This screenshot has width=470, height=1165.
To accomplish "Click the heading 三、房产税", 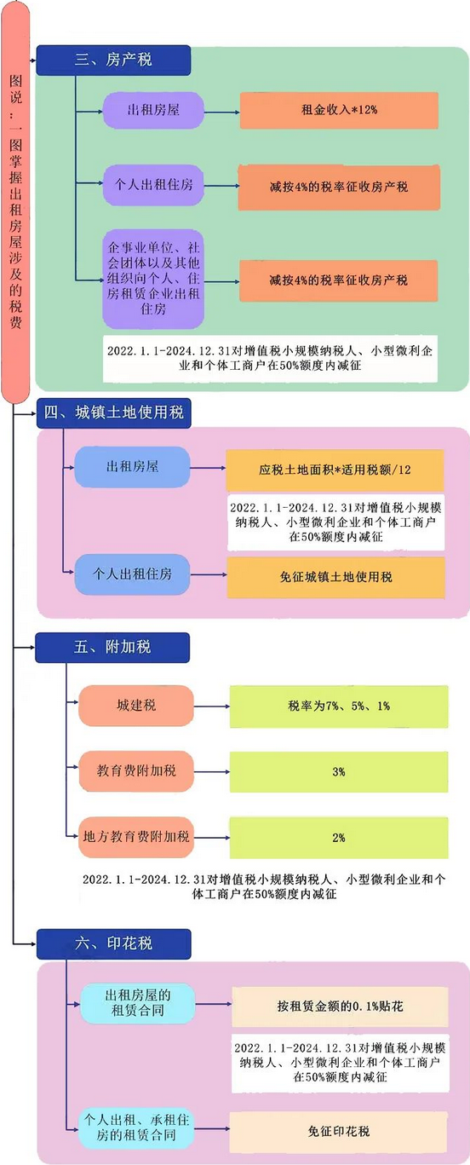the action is (113, 60).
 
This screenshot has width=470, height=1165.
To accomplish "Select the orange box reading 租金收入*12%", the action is (339, 110).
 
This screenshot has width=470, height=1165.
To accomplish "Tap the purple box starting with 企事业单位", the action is (153, 279).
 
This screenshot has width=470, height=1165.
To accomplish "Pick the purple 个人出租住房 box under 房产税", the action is (153, 185).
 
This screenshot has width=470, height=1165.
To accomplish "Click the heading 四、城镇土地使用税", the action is (114, 413).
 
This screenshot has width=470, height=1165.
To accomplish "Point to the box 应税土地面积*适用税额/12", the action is (335, 470).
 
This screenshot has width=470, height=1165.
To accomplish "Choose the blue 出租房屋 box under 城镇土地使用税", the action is (133, 466).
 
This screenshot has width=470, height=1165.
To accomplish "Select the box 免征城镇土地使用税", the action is (336, 577).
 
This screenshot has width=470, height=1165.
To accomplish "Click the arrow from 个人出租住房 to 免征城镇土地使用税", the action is (209, 574).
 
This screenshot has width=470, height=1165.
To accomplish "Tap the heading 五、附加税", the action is (112, 648).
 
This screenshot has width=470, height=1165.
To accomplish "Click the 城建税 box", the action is (136, 706).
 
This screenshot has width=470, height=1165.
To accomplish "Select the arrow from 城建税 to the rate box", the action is (212, 706).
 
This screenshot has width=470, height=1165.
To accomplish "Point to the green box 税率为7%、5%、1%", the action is (339, 706).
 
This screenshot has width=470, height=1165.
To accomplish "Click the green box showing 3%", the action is (339, 772).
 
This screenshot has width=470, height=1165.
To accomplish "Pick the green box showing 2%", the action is (339, 838).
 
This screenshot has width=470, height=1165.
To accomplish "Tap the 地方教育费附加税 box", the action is (136, 837).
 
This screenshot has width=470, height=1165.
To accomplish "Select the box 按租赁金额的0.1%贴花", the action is (340, 1006).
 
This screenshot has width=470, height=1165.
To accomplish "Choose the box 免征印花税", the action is (339, 1131).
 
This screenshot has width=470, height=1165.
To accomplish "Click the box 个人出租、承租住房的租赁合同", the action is (136, 1128).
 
